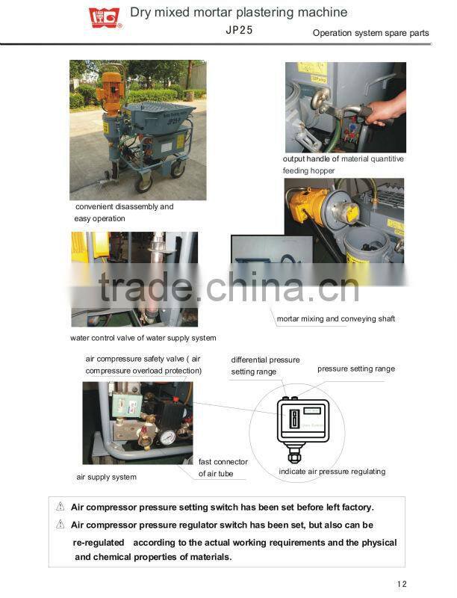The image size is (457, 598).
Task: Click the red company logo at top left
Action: [x=105, y=17]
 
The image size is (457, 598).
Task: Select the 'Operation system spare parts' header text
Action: [x=370, y=34]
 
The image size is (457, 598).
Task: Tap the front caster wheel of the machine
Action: [x=144, y=182]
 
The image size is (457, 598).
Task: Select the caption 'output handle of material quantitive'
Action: [x=343, y=158]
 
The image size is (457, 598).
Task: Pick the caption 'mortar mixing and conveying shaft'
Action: [x=335, y=319]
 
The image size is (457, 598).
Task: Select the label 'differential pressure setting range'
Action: [x=265, y=366]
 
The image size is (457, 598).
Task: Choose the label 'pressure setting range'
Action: [x=355, y=369]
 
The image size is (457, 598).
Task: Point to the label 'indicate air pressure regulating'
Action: [x=332, y=472]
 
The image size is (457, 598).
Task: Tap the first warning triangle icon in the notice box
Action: [x=60, y=507]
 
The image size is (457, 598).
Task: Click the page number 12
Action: [x=402, y=584]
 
